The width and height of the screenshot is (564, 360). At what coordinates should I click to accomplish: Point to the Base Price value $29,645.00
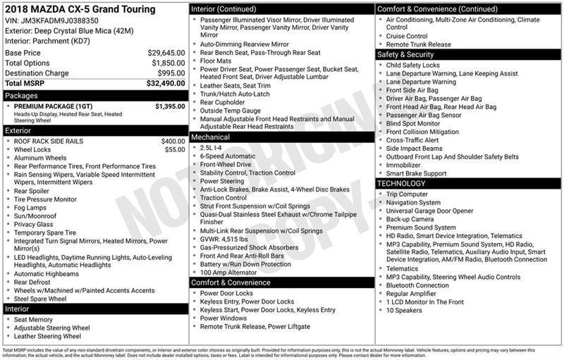click(x=166, y=53)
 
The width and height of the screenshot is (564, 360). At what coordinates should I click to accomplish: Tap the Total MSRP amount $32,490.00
click(x=166, y=83)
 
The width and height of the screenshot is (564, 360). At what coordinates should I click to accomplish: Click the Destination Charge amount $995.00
click(x=171, y=73)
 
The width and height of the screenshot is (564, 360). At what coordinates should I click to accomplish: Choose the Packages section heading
click(x=21, y=95)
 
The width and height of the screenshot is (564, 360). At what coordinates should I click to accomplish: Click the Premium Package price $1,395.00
click(x=169, y=106)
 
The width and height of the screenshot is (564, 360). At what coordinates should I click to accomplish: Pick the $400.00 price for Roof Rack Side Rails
click(x=173, y=141)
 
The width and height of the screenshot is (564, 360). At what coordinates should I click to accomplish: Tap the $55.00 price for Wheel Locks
click(x=175, y=149)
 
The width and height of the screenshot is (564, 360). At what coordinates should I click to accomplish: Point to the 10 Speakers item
click(x=405, y=311)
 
